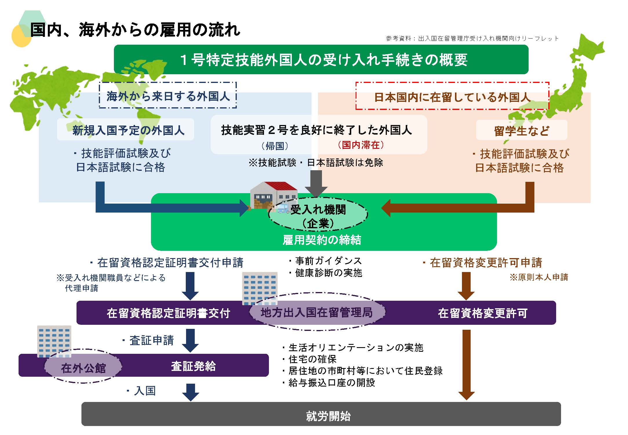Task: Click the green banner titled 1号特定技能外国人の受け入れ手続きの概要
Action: coord(321,59)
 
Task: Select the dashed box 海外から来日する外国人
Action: coord(168,95)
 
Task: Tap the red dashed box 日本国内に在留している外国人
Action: coord(452,97)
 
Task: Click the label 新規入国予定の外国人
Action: coord(128,130)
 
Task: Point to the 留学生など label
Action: coord(521,130)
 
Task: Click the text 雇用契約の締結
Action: coord(322,240)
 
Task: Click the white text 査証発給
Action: coord(193,366)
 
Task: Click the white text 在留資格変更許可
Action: coord(483,313)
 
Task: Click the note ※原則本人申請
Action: coord(539,277)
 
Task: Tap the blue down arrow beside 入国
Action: coord(190,392)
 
